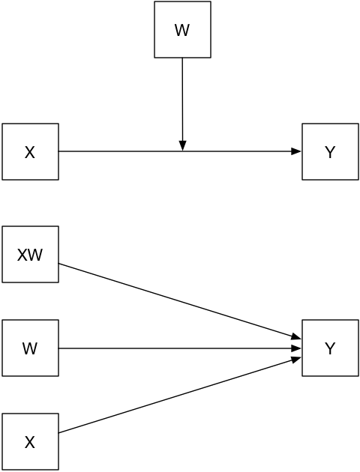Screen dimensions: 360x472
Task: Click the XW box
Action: point(31,255)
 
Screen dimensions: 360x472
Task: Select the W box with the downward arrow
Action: point(182,29)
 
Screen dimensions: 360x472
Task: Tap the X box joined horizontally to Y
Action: point(31,151)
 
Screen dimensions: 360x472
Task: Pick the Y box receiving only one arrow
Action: point(331,151)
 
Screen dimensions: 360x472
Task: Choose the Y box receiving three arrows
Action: point(331,348)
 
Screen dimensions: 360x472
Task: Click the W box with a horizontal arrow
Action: point(31,348)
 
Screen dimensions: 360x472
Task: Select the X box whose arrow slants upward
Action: point(31,441)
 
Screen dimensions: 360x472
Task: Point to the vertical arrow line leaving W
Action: point(182,104)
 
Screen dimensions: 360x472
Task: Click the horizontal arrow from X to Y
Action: point(180,151)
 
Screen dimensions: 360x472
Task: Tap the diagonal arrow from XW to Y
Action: point(180,301)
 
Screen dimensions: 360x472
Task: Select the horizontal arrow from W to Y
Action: point(180,348)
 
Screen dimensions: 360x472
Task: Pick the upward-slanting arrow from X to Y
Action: point(180,395)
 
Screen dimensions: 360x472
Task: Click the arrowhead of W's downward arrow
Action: point(182,145)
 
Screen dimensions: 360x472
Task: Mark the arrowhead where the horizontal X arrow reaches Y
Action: point(296,151)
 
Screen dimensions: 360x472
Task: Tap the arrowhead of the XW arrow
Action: point(297,337)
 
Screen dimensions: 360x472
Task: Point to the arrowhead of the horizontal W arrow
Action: point(296,348)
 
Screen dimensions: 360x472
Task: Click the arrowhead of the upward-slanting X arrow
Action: point(297,359)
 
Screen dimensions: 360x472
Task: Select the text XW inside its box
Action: point(30,255)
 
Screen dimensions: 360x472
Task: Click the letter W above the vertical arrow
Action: point(182,30)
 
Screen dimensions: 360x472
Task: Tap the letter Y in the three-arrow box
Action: point(331,348)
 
